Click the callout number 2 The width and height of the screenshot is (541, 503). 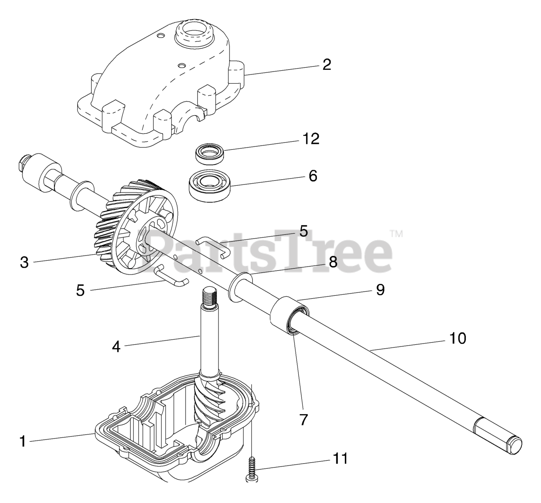tap(327, 65)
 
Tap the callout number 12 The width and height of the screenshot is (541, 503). tap(311, 139)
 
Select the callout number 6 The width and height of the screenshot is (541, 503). tap(313, 176)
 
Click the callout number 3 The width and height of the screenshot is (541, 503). tap(25, 262)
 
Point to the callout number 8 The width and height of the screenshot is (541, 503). tap(333, 262)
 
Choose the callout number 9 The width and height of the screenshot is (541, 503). tap(380, 289)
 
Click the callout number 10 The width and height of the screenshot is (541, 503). tap(458, 338)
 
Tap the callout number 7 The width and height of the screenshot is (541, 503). tap(304, 419)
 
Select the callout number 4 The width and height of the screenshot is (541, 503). tap(116, 346)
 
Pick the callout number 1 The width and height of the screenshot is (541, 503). tap(22, 442)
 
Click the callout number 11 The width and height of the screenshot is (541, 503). tap(340, 458)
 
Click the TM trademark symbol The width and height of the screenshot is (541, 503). tap(396, 234)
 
